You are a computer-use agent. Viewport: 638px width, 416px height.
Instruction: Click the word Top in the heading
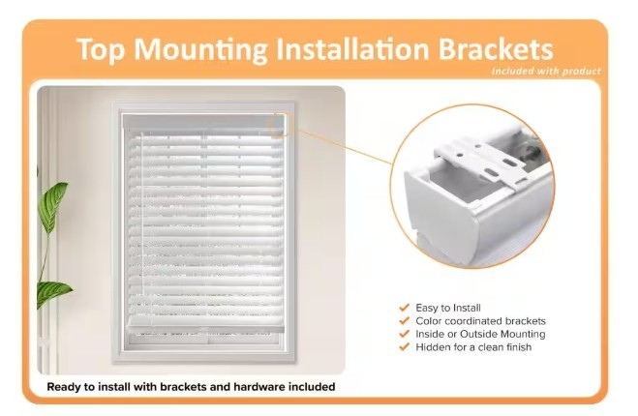(x=100, y=49)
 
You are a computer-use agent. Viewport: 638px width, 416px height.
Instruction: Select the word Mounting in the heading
(x=200, y=49)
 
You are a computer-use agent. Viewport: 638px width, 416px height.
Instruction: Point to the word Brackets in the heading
(x=496, y=48)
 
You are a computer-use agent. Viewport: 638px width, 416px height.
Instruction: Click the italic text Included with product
(x=546, y=72)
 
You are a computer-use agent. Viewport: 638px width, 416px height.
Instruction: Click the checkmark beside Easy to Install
(x=404, y=308)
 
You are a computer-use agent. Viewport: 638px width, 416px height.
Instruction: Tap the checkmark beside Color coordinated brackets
(x=404, y=321)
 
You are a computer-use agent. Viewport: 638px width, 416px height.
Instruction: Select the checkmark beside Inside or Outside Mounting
(x=404, y=334)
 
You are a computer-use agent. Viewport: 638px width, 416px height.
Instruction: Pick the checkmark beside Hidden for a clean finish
(x=404, y=347)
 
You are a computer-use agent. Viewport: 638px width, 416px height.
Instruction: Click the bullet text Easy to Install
(x=448, y=308)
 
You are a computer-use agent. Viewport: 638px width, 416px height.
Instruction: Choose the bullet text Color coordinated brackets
(x=480, y=321)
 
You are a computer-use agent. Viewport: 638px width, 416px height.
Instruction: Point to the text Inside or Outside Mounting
(x=480, y=335)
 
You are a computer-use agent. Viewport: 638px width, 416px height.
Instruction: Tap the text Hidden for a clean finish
(x=473, y=347)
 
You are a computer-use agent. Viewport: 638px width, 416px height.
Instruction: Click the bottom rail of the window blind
(x=205, y=323)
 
